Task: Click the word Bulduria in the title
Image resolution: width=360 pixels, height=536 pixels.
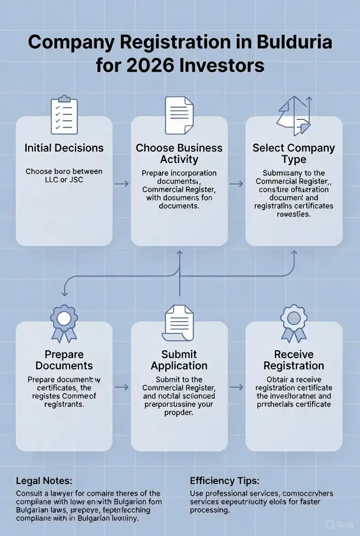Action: click(294, 43)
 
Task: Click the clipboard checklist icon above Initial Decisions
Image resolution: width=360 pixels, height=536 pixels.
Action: click(64, 115)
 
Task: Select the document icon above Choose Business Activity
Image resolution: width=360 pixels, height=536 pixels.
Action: click(179, 115)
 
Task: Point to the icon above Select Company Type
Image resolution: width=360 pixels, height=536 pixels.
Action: click(294, 116)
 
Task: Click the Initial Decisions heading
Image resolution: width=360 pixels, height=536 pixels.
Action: click(64, 148)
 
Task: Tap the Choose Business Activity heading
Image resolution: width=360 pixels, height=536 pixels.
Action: click(179, 154)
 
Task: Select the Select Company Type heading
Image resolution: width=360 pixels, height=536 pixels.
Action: click(294, 154)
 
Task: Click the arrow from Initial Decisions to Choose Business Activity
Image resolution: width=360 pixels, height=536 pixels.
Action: click(122, 184)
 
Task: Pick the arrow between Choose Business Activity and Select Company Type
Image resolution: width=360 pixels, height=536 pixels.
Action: click(236, 184)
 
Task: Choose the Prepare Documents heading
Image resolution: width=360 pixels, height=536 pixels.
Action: click(64, 360)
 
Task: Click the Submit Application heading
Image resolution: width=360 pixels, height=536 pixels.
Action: click(179, 360)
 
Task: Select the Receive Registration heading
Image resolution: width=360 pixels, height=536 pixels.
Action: click(294, 360)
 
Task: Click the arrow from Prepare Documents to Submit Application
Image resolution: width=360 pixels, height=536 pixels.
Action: click(122, 387)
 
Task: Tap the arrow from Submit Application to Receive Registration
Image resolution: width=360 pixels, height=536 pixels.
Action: click(236, 387)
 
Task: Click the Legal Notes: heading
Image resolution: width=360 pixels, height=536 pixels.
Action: click(44, 481)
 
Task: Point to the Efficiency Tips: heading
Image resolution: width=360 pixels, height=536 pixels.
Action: click(225, 481)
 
